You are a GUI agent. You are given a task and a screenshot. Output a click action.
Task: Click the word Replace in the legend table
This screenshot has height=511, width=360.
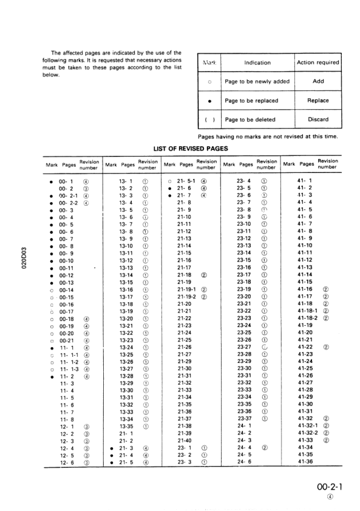coord(316,100)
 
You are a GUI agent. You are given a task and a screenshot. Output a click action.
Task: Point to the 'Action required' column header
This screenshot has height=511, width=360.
coord(316,63)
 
